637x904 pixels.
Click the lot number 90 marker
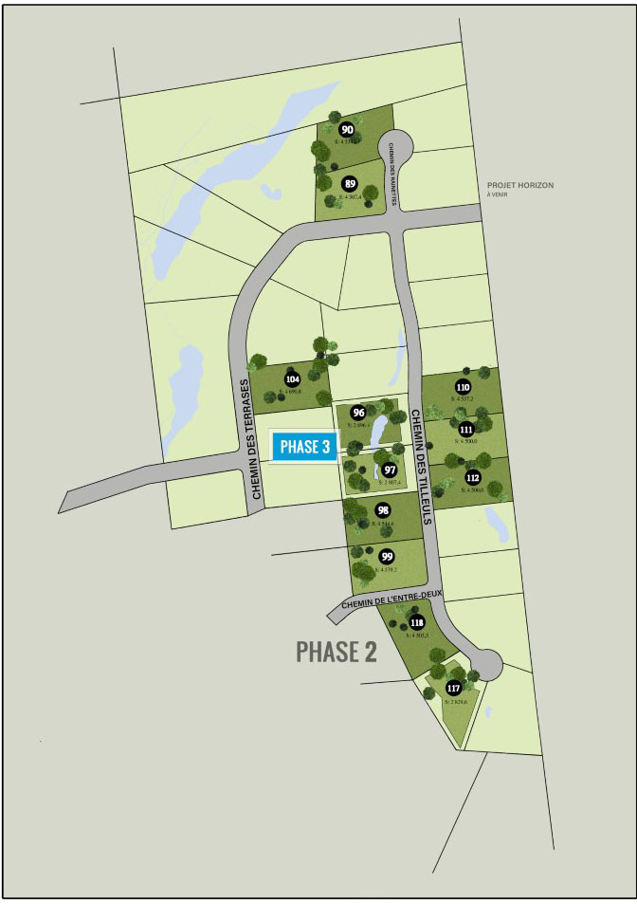click(347, 130)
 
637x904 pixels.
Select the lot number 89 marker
click(350, 184)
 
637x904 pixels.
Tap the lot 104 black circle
click(292, 379)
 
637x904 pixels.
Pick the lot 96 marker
click(358, 413)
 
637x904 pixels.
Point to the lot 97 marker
click(390, 470)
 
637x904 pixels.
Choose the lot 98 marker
click(383, 510)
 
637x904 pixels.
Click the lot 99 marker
click(387, 556)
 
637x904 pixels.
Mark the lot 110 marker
click(463, 387)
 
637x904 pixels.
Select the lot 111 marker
click(465, 430)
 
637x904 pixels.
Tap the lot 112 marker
click(473, 477)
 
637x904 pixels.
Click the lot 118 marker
click(417, 622)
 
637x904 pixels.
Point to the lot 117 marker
click(454, 688)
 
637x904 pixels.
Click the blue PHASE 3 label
click(305, 447)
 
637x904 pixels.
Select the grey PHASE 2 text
click(337, 652)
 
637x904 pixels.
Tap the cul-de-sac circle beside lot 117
click(486, 661)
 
